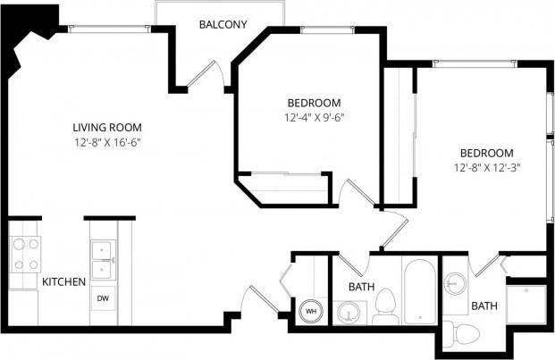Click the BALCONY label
point(223,25)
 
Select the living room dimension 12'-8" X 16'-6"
point(108,142)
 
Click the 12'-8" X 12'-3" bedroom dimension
point(487,167)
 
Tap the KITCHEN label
point(63,281)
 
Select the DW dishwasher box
point(103,298)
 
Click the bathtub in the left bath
point(419,292)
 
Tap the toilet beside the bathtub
point(385,306)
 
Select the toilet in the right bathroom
point(464,334)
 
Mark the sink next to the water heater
point(347,314)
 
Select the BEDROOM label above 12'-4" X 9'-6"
point(314,102)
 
